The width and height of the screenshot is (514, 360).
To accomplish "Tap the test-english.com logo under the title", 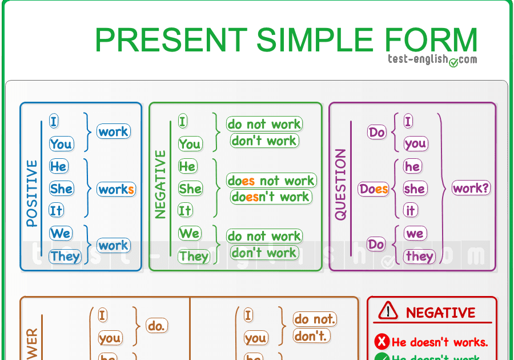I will [432, 59].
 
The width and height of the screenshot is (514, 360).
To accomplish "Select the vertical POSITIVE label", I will [32, 194].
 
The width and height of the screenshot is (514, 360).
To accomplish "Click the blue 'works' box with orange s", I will [116, 189].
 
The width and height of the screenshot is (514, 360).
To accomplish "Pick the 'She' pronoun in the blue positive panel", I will [61, 189].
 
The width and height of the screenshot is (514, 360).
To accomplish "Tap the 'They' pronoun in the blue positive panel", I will [65, 256].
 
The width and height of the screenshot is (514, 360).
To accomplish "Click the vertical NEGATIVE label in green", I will [160, 185].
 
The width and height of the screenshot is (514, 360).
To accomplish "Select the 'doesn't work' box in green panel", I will [271, 197].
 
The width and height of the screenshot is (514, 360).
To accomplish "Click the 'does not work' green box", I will [271, 181].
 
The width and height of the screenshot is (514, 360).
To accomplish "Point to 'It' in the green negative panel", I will [185, 210].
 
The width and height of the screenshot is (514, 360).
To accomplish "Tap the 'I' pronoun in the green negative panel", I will [183, 121].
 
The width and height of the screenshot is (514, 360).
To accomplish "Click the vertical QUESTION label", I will [340, 185].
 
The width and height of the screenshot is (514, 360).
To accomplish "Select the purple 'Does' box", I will [374, 189].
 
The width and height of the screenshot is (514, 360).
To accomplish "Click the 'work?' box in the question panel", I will [471, 187].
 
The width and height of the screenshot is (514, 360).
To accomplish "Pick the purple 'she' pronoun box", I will [414, 189].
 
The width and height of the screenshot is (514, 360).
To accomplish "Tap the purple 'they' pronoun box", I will [419, 256].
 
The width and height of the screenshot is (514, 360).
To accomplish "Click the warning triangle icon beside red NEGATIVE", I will [388, 311].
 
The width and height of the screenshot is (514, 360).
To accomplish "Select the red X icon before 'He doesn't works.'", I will [382, 342].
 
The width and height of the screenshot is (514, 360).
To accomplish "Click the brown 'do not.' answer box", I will [315, 319].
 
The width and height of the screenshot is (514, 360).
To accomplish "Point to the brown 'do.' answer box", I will [156, 326].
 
